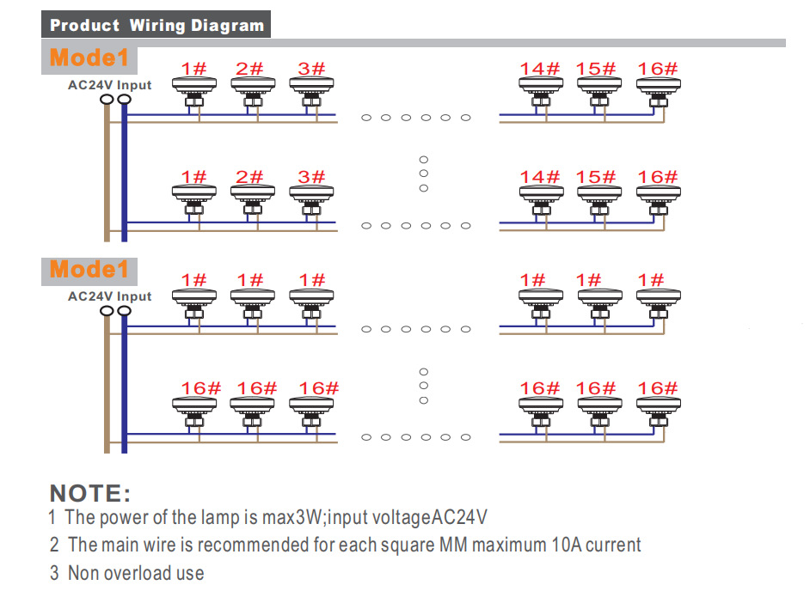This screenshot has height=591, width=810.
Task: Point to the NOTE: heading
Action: point(90,494)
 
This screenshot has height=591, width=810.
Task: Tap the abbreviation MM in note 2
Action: point(455,545)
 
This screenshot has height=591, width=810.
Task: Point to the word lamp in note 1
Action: point(193,518)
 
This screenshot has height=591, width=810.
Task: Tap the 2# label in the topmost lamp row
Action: point(249,70)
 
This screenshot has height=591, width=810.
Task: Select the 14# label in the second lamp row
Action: point(539,177)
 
